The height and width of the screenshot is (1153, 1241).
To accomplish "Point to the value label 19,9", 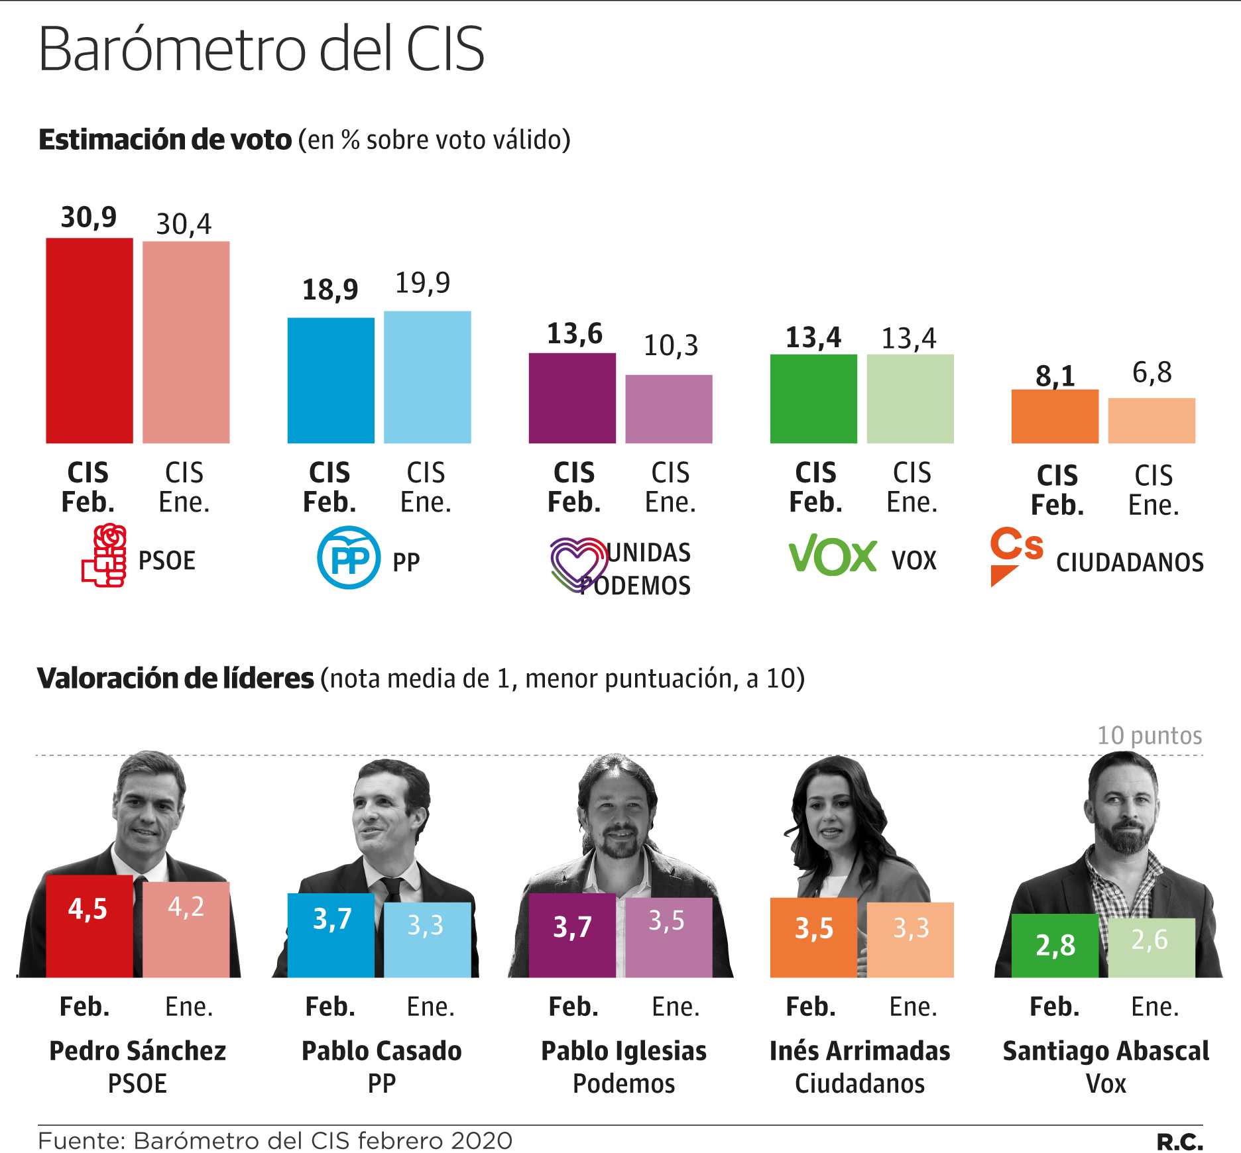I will point(422,283).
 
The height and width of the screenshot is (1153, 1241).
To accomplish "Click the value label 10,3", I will point(670,345).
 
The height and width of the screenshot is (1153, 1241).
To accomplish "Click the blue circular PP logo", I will point(349,557).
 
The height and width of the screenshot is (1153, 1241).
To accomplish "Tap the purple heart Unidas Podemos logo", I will point(577,563).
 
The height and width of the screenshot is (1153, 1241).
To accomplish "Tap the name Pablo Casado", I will point(381,1051).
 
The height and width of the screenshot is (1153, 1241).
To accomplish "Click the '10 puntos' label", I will point(1149,736).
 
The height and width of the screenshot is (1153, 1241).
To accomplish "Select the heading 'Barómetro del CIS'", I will point(261,49).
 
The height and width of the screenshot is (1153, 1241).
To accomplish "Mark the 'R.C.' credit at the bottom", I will point(1179,1142).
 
